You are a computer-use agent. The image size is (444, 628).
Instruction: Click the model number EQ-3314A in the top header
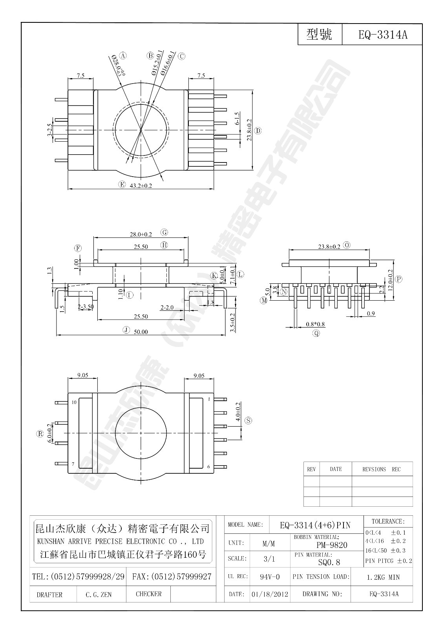[383, 35]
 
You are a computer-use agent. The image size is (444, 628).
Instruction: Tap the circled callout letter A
[123, 56]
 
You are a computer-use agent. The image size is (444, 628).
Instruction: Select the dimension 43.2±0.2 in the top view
[141, 186]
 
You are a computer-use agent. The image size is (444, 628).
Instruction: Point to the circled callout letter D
[258, 131]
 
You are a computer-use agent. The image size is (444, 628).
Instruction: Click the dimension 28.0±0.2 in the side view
[141, 234]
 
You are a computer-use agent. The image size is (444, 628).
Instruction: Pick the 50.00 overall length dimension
[141, 332]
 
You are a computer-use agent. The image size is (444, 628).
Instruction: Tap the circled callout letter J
[126, 330]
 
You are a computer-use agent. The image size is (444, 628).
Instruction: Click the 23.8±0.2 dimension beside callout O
[329, 246]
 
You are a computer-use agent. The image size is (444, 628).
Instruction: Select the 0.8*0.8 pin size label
[315, 324]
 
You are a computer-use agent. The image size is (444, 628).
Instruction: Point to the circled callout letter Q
[316, 334]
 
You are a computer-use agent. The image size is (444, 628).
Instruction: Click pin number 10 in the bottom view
[74, 402]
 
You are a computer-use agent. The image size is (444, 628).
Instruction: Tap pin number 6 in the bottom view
[208, 467]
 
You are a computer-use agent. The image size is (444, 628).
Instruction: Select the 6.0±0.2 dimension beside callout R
[49, 433]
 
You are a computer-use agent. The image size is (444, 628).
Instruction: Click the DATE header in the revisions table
[336, 469]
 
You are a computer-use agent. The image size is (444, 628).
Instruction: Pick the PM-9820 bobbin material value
[332, 545]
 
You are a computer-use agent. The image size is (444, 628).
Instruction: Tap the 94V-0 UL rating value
[270, 577]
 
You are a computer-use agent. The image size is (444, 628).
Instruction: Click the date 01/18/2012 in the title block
[270, 594]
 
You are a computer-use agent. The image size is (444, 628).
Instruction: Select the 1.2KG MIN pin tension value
[383, 577]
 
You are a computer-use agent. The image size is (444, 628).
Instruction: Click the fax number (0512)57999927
[172, 577]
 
